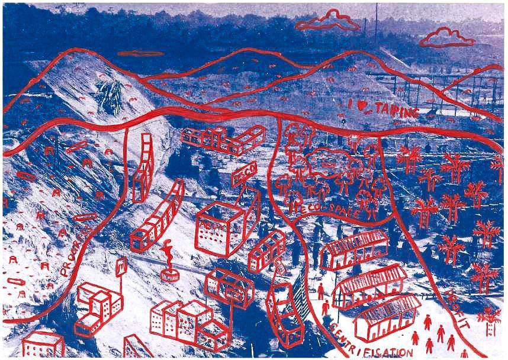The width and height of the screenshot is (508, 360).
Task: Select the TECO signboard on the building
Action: point(242,176)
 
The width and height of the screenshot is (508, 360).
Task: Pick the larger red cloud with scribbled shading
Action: point(327,21)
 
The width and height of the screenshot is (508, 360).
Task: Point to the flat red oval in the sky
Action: point(140,53)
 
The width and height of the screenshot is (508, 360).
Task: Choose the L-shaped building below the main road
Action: point(222,140)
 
